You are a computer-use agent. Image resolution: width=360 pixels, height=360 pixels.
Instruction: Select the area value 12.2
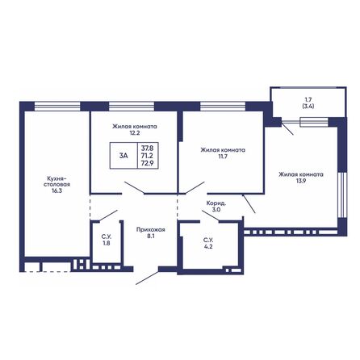[x=135, y=133]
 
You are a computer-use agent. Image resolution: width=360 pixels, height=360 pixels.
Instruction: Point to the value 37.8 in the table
[x=147, y=148]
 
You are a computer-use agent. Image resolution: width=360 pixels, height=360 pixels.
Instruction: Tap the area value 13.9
[x=301, y=182]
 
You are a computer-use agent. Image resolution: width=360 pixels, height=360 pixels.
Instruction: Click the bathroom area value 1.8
[x=107, y=243]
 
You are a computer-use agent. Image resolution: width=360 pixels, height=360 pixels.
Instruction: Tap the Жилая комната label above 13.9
[x=301, y=174]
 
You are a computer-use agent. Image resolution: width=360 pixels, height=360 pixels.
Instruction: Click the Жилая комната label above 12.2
[x=135, y=126]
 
